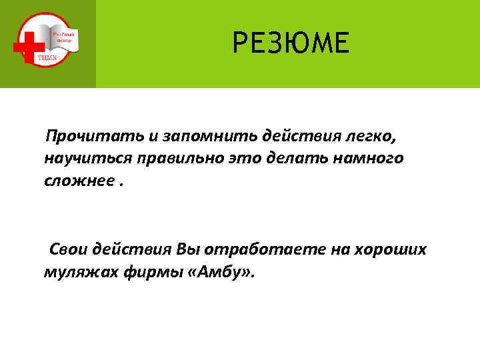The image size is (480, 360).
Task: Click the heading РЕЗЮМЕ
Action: (291, 45)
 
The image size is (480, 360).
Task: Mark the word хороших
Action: (393, 249)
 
